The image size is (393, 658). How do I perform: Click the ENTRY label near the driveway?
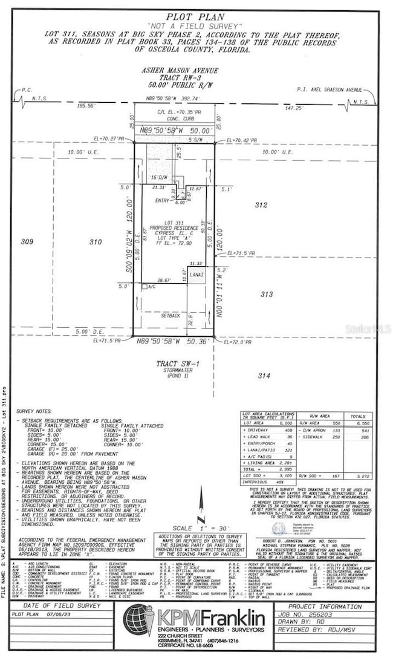(x=163, y=200)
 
